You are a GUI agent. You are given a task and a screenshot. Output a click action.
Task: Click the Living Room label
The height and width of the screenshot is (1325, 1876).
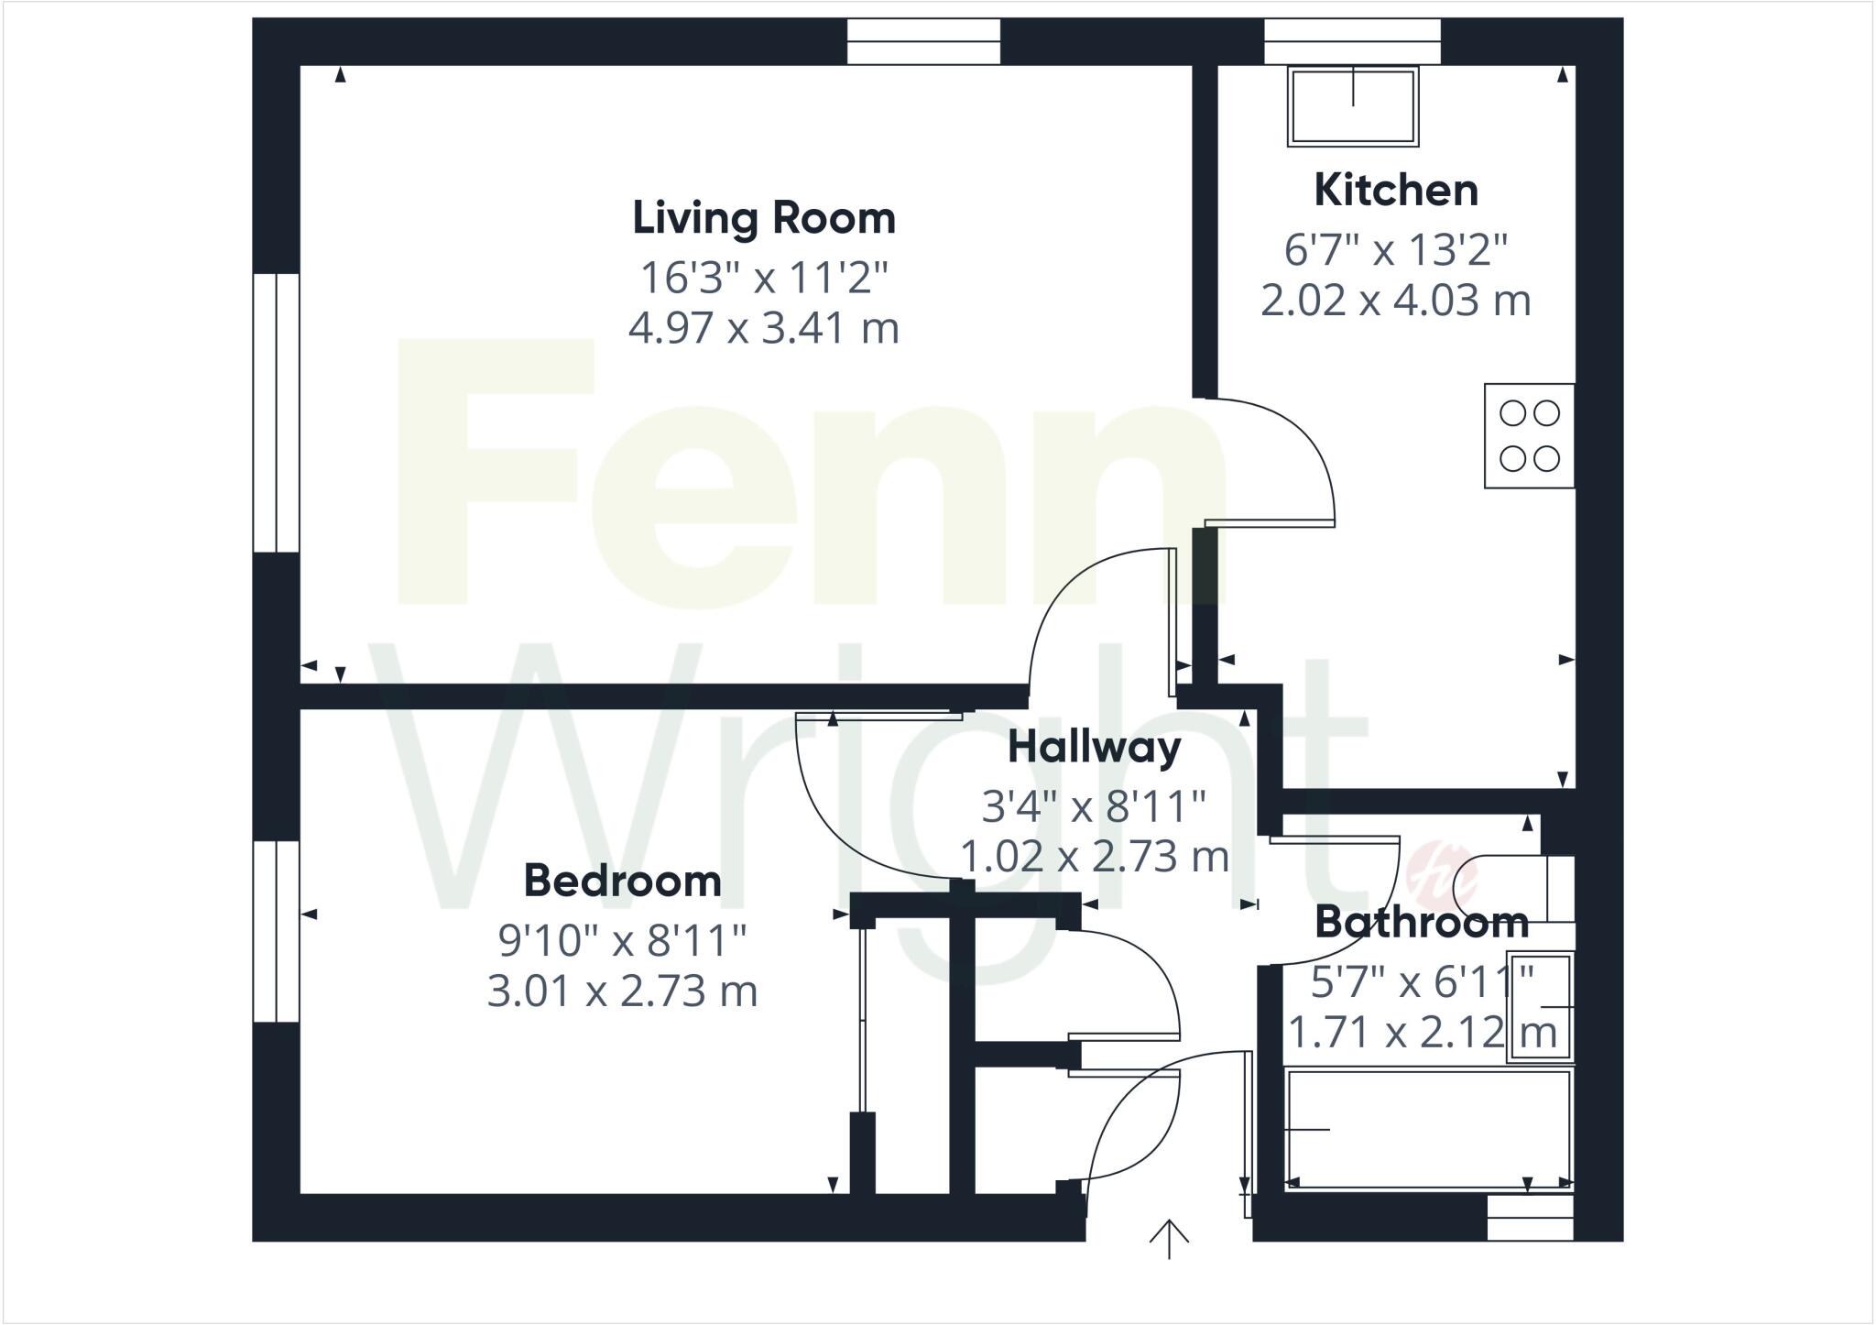click(x=763, y=218)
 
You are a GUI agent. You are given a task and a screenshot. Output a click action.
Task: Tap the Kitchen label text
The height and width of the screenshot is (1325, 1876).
click(x=1395, y=191)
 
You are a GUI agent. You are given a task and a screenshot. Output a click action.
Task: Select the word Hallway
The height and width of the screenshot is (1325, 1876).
click(x=1094, y=747)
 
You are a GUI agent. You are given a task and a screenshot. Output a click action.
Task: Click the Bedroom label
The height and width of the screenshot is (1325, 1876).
click(x=622, y=882)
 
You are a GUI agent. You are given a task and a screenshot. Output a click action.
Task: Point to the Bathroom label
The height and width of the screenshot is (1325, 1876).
click(x=1421, y=923)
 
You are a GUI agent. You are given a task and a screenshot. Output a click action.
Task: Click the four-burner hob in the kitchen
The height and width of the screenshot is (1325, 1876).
click(x=1529, y=436)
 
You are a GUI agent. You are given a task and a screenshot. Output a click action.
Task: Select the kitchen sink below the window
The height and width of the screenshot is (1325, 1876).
click(x=1353, y=106)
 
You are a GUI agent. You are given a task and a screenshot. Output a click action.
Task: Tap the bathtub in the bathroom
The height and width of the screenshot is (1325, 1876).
click(x=1428, y=1129)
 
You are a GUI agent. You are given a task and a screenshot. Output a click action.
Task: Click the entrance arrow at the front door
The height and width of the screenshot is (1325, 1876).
click(x=1169, y=1239)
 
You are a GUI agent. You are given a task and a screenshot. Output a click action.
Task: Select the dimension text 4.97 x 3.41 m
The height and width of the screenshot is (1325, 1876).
click(x=763, y=328)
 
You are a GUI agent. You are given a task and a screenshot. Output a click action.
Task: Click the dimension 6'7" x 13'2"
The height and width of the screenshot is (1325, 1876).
click(x=1395, y=249)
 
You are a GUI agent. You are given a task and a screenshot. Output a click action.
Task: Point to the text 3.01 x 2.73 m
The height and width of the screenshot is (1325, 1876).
click(x=622, y=991)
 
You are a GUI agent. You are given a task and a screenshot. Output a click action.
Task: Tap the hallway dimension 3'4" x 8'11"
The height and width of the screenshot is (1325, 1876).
click(x=1094, y=807)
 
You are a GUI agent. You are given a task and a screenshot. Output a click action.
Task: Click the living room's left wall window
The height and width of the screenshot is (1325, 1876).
click(x=276, y=412)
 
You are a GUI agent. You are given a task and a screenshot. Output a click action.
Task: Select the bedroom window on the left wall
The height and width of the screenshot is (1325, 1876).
click(x=276, y=931)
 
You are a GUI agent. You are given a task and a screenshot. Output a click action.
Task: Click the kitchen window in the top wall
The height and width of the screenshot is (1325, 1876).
click(x=1352, y=41)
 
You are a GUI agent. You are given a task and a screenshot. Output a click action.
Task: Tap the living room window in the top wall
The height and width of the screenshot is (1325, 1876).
click(x=922, y=41)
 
